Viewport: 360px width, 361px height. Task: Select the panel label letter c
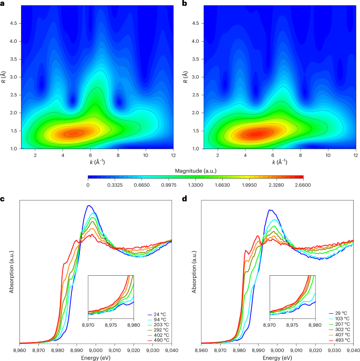(x=3, y=199)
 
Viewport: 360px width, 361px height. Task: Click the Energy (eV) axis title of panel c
(x=96, y=357)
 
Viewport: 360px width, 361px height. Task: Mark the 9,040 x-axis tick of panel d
(x=353, y=349)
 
